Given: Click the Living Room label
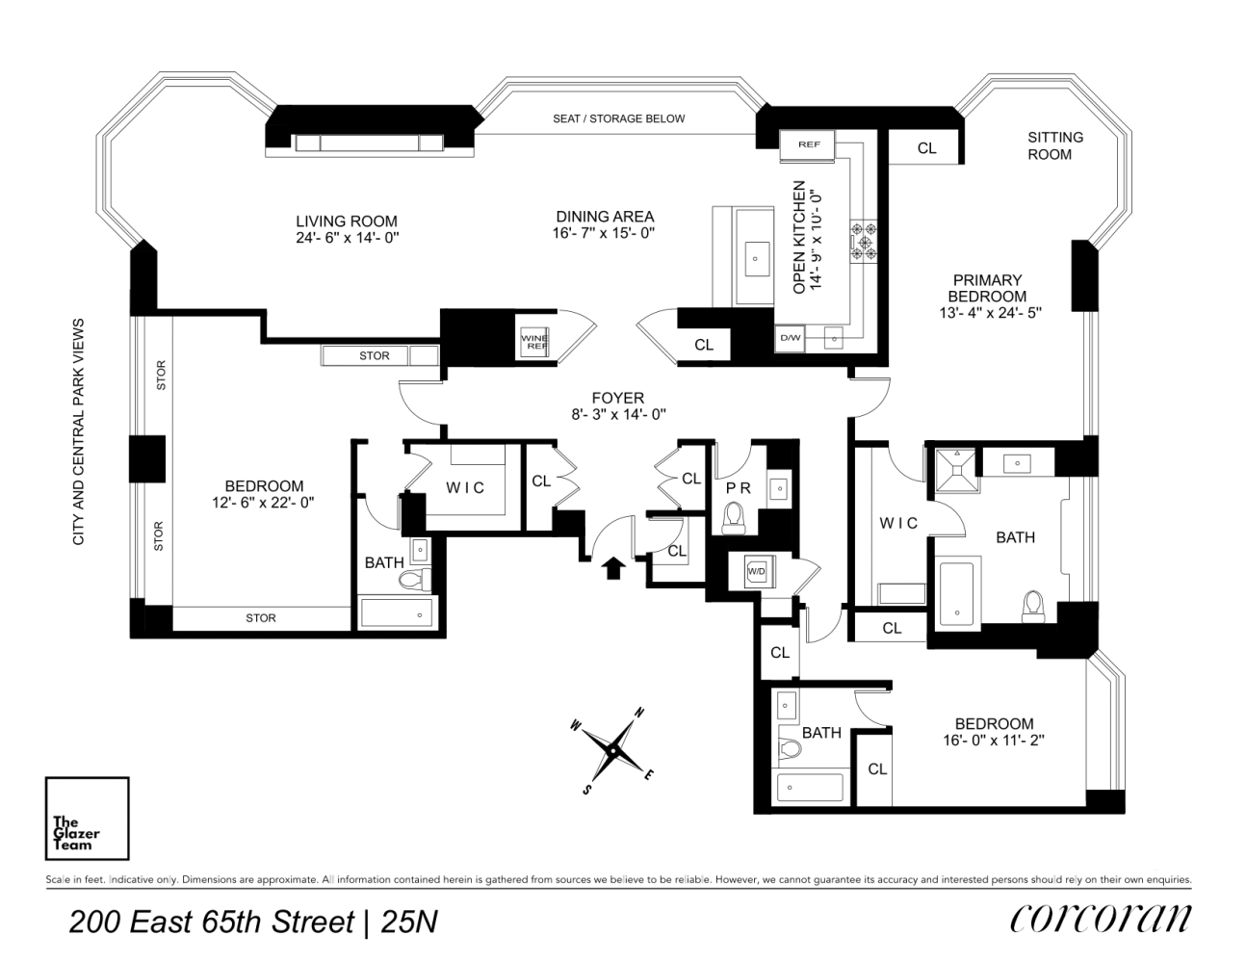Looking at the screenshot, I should point(346,221).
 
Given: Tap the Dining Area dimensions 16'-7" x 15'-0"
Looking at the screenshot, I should point(605,234).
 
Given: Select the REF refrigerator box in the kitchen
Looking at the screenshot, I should point(809,144).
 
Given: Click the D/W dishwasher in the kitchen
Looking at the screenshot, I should point(791,338).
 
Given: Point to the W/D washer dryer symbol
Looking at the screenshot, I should point(757,571).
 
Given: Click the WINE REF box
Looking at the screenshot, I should point(533,342).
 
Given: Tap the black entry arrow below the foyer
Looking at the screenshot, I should point(611,567).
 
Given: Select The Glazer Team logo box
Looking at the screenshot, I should point(87,819).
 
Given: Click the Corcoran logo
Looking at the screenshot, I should point(1100,919).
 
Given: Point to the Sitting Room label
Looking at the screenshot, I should point(1054,145).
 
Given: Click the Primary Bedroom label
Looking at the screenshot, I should point(987,288).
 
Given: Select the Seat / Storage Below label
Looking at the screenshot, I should point(618,118).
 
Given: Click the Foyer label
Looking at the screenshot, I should point(618,398).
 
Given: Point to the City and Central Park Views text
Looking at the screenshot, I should point(79,431).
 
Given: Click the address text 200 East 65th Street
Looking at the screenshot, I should point(212,922).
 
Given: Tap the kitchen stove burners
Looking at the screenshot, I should point(864,241).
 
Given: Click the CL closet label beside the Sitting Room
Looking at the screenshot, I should point(926,148).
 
